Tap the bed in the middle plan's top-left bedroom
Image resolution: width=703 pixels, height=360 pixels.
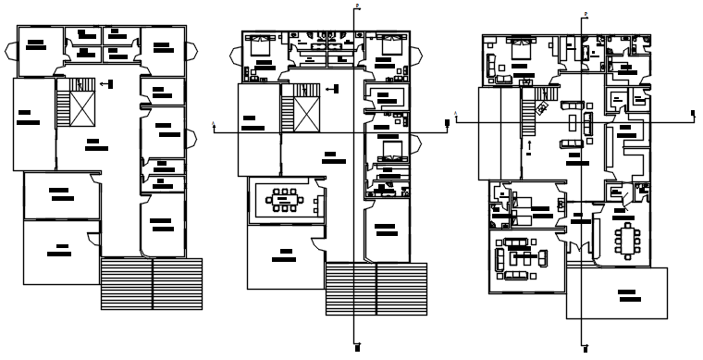coord(259,43)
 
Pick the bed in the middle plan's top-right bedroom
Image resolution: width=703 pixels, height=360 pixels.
coord(387,43)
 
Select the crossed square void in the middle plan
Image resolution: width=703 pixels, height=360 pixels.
coord(306,115)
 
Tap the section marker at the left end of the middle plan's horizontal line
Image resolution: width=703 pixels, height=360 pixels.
coord(215,125)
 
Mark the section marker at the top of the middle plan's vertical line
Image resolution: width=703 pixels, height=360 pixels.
coord(356,6)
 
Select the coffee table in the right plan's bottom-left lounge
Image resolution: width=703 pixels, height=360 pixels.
coord(516,255)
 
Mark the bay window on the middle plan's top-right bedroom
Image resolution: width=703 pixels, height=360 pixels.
coord(415,46)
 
